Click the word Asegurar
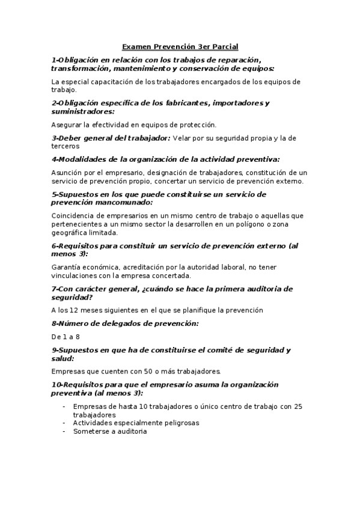click(x=67, y=124)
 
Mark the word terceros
click(x=65, y=146)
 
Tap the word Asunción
click(x=67, y=173)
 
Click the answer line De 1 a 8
click(x=66, y=337)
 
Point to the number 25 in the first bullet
click(x=298, y=407)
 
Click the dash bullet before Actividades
click(x=64, y=423)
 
